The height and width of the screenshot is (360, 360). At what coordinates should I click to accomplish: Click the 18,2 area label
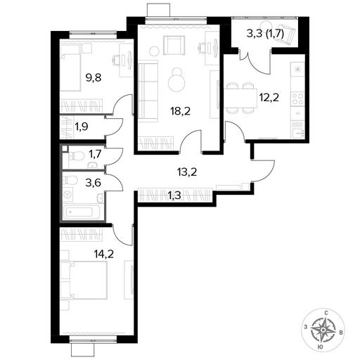coord(181,111)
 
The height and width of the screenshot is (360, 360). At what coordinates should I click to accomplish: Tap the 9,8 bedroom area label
coord(94,77)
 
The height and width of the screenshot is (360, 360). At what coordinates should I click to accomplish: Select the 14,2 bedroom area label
coord(103,254)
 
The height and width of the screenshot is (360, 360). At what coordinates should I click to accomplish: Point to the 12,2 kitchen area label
coord(269,97)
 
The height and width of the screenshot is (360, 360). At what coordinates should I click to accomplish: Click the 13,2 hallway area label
coord(187,172)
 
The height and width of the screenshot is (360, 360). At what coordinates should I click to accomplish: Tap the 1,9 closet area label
coord(82,127)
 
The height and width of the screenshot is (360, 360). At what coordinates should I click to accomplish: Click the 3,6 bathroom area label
coord(93,183)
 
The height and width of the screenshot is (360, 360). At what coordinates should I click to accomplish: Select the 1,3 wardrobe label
coord(174,195)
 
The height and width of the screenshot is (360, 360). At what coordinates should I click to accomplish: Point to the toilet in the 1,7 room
coord(76,155)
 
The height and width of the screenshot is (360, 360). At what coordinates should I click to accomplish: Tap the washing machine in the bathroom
coord(68,195)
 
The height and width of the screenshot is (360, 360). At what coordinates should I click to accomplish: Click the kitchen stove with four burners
coord(297,98)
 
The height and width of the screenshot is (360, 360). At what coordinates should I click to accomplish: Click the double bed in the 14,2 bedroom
coord(84,281)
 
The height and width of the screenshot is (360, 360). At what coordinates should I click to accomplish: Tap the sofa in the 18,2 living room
coord(148,91)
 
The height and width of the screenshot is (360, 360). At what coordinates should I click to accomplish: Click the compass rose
coord(323,330)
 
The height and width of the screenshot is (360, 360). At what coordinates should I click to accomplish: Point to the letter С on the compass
coord(326,313)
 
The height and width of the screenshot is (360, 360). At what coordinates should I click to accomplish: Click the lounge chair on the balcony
coord(287,34)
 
